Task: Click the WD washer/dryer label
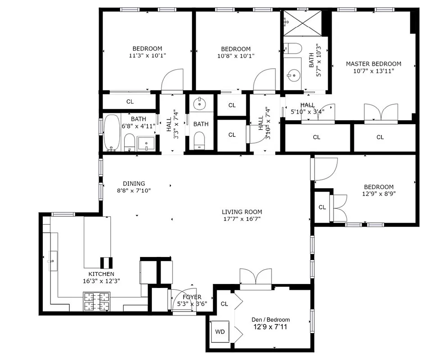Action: pyautogui.click(x=220, y=332)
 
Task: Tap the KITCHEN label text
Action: pyautogui.click(x=101, y=274)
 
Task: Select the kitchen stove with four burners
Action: pyautogui.click(x=96, y=301)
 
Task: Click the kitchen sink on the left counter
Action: pyautogui.click(x=52, y=261)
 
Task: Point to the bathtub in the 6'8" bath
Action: pyautogui.click(x=111, y=133)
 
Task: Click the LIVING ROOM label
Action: pyautogui.click(x=242, y=212)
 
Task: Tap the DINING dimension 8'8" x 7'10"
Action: pyautogui.click(x=134, y=190)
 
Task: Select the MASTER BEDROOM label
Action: pyautogui.click(x=373, y=64)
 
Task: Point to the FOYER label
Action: pyautogui.click(x=192, y=297)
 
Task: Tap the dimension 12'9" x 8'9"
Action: pyautogui.click(x=379, y=194)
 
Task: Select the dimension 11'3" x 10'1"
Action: pyautogui.click(x=147, y=56)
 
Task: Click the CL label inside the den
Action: pyautogui.click(x=224, y=304)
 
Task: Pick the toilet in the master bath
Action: pyautogui.click(x=294, y=48)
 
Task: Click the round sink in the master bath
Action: pyautogui.click(x=294, y=75)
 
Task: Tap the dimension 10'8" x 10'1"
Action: pyautogui.click(x=236, y=56)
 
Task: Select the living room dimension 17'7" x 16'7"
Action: pyautogui.click(x=242, y=219)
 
